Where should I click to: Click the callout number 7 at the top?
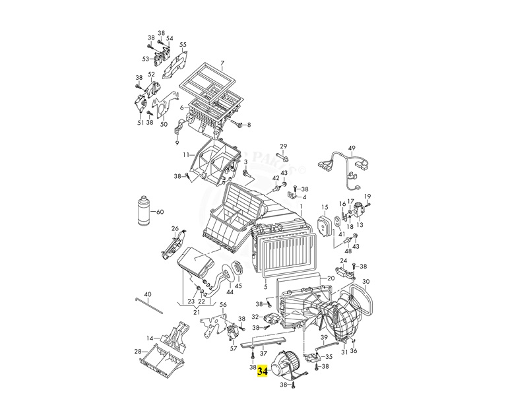point(222,64)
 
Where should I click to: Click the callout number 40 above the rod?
point(147,294)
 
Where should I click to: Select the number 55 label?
point(183,45)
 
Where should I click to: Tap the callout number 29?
point(284,146)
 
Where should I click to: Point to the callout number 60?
point(158,212)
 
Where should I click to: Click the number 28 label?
point(137,351)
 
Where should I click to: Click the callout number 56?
point(223,305)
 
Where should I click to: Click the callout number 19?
point(368,197)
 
